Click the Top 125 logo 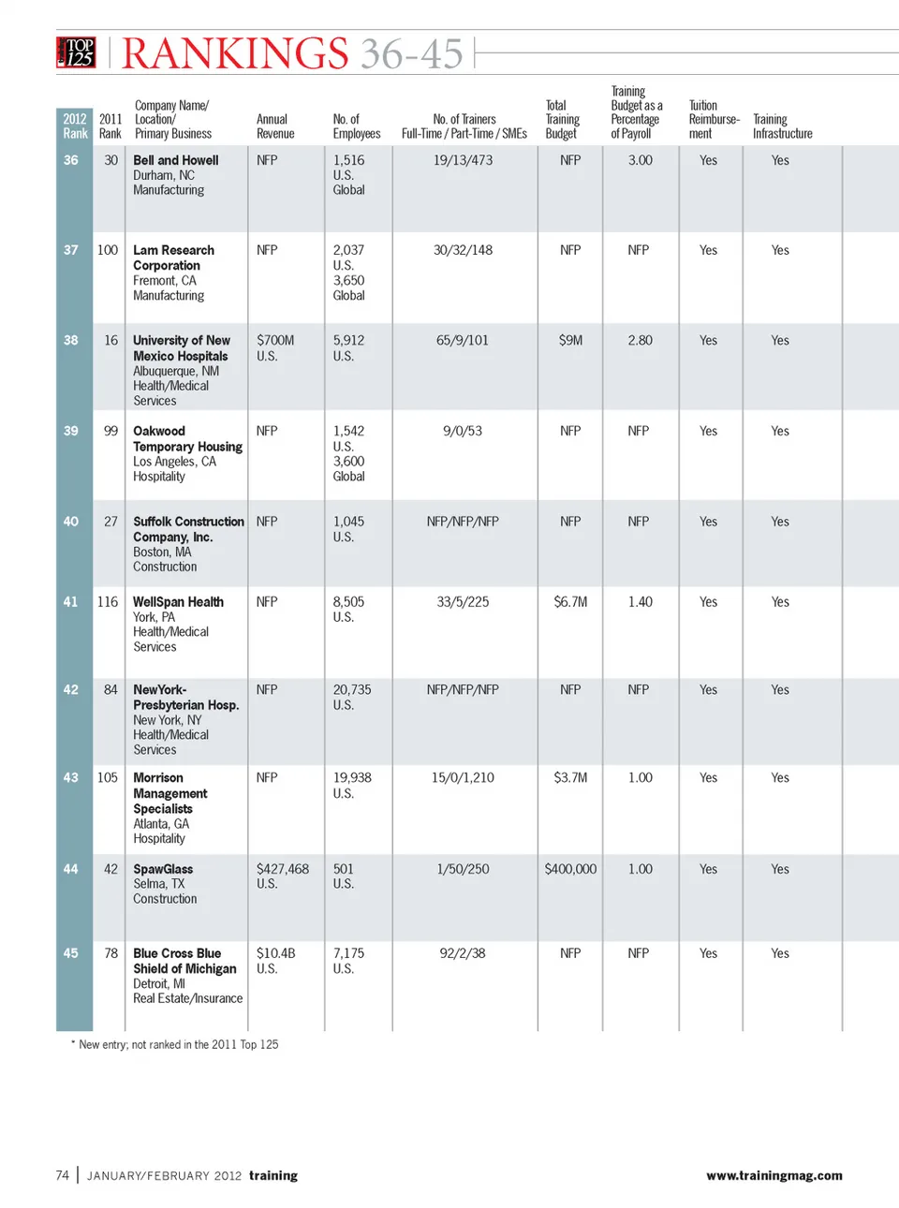point(77,52)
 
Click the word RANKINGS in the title point(235,54)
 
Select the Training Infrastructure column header point(782,126)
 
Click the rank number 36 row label point(71,160)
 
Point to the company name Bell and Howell point(175,160)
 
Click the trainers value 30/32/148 point(463,250)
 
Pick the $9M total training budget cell point(570,340)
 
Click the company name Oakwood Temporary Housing point(187,438)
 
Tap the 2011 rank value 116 point(108,601)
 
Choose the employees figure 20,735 point(352,689)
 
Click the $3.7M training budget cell point(570,777)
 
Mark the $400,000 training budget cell point(570,869)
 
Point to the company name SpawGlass point(163,869)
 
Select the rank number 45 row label point(71,953)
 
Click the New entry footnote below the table point(175,1044)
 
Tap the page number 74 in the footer point(63,1175)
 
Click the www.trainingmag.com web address point(774,1175)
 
